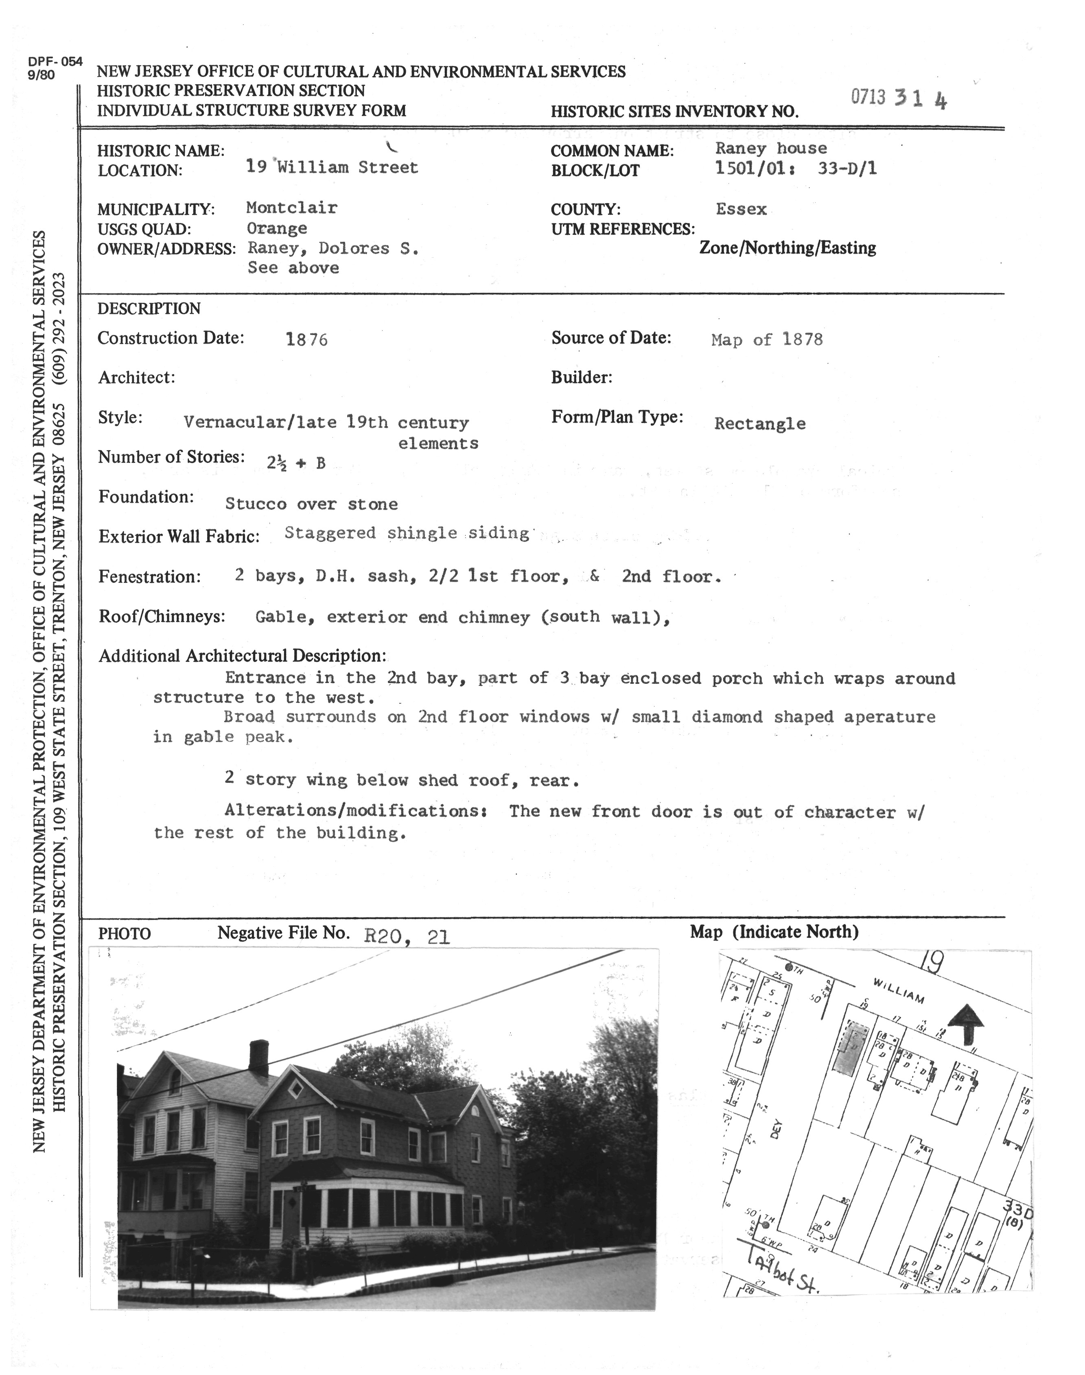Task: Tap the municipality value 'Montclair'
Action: tap(291, 208)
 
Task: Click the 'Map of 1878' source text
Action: tap(767, 340)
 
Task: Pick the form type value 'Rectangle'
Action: tap(760, 424)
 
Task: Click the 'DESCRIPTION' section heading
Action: tap(149, 309)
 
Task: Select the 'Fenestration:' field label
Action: tap(149, 577)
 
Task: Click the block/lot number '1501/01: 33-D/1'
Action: tap(795, 169)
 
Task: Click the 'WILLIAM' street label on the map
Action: tap(898, 991)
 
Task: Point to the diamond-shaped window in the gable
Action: tap(295, 1089)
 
